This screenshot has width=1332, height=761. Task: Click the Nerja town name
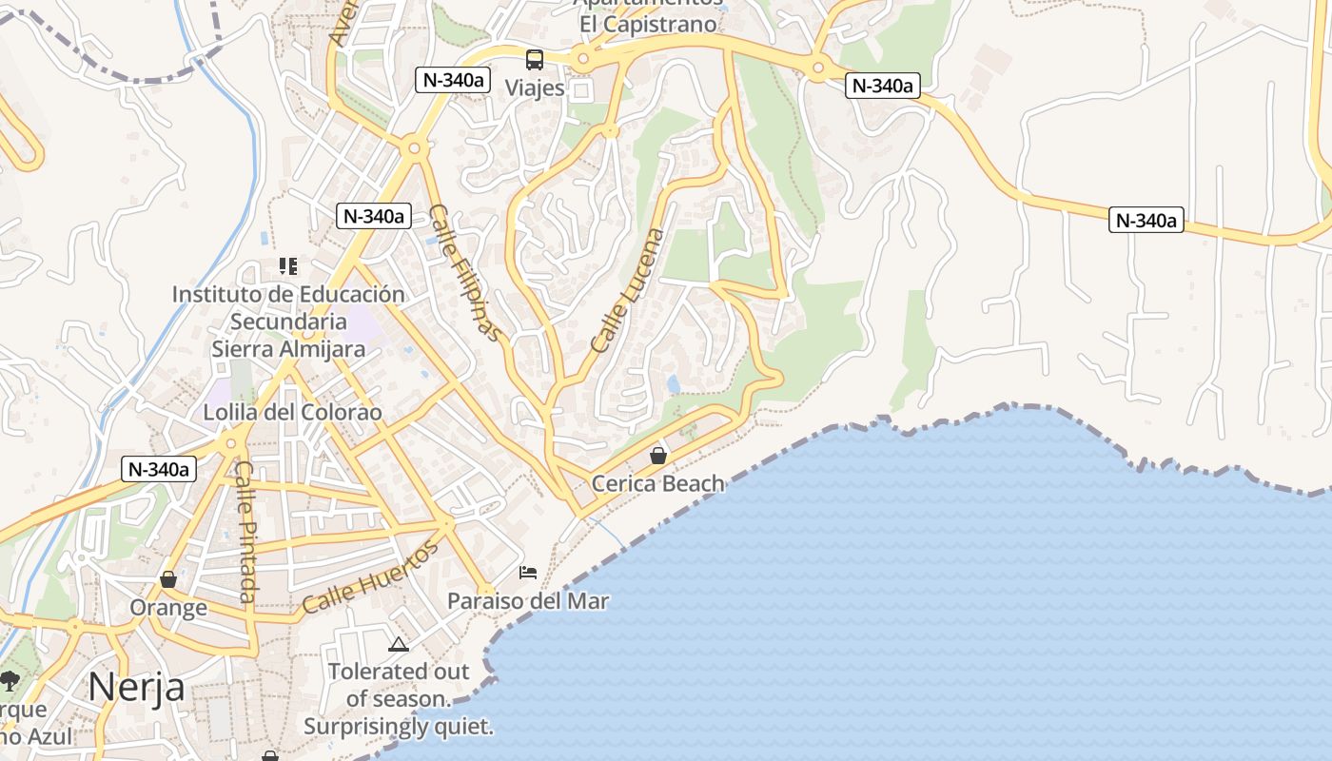pyautogui.click(x=136, y=687)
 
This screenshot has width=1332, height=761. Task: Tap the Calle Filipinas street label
pyautogui.click(x=464, y=272)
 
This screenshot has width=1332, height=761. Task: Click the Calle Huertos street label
pyautogui.click(x=371, y=576)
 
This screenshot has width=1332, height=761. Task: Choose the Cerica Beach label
pyautogui.click(x=657, y=484)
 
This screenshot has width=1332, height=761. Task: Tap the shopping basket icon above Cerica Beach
pyautogui.click(x=657, y=456)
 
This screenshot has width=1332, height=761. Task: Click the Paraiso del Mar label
pyautogui.click(x=528, y=601)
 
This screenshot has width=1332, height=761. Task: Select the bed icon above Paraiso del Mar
pyautogui.click(x=528, y=573)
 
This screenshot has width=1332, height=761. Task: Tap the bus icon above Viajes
pyautogui.click(x=535, y=60)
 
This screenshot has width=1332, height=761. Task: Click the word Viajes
pyautogui.click(x=535, y=88)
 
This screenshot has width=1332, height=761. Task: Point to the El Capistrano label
pyautogui.click(x=648, y=24)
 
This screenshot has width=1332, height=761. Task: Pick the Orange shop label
pyautogui.click(x=168, y=608)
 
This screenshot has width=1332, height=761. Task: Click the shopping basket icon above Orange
pyautogui.click(x=168, y=579)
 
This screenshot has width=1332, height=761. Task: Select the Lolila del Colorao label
pyautogui.click(x=293, y=413)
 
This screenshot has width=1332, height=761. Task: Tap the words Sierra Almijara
pyautogui.click(x=288, y=349)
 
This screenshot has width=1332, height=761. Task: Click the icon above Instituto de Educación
pyautogui.click(x=288, y=266)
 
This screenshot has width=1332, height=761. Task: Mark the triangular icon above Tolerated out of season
pyautogui.click(x=399, y=644)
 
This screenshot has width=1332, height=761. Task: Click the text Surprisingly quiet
pyautogui.click(x=399, y=728)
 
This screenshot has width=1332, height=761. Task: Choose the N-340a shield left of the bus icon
pyautogui.click(x=453, y=80)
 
